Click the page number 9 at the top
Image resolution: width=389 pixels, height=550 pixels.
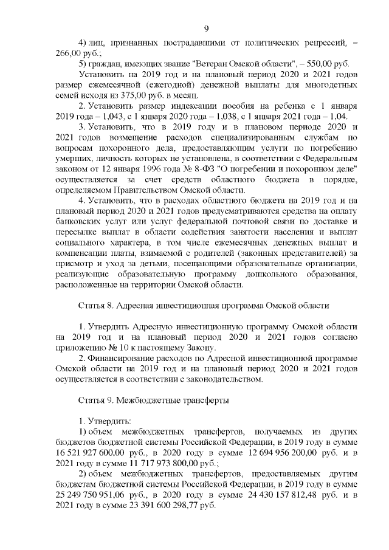[206, 29]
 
